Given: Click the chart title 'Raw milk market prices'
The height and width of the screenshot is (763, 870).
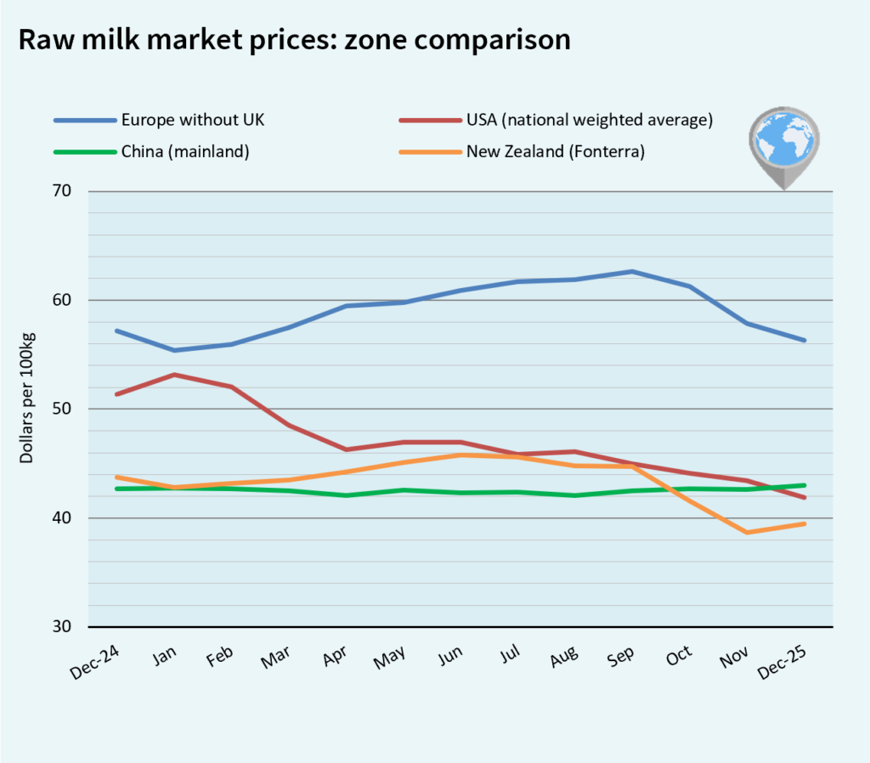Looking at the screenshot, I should (294, 40).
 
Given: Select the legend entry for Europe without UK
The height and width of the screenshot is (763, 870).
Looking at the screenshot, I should (192, 120).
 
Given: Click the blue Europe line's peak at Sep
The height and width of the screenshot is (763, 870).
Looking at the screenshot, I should (631, 271).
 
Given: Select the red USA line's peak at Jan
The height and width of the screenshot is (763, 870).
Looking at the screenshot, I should (173, 374).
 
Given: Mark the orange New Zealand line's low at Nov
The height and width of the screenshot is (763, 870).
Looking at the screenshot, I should (747, 533).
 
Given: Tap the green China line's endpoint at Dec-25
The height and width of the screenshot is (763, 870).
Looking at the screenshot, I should (805, 485).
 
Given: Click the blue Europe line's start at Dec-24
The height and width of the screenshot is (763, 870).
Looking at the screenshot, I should (116, 331).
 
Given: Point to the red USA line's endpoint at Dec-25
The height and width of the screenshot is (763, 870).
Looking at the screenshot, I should (805, 498).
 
